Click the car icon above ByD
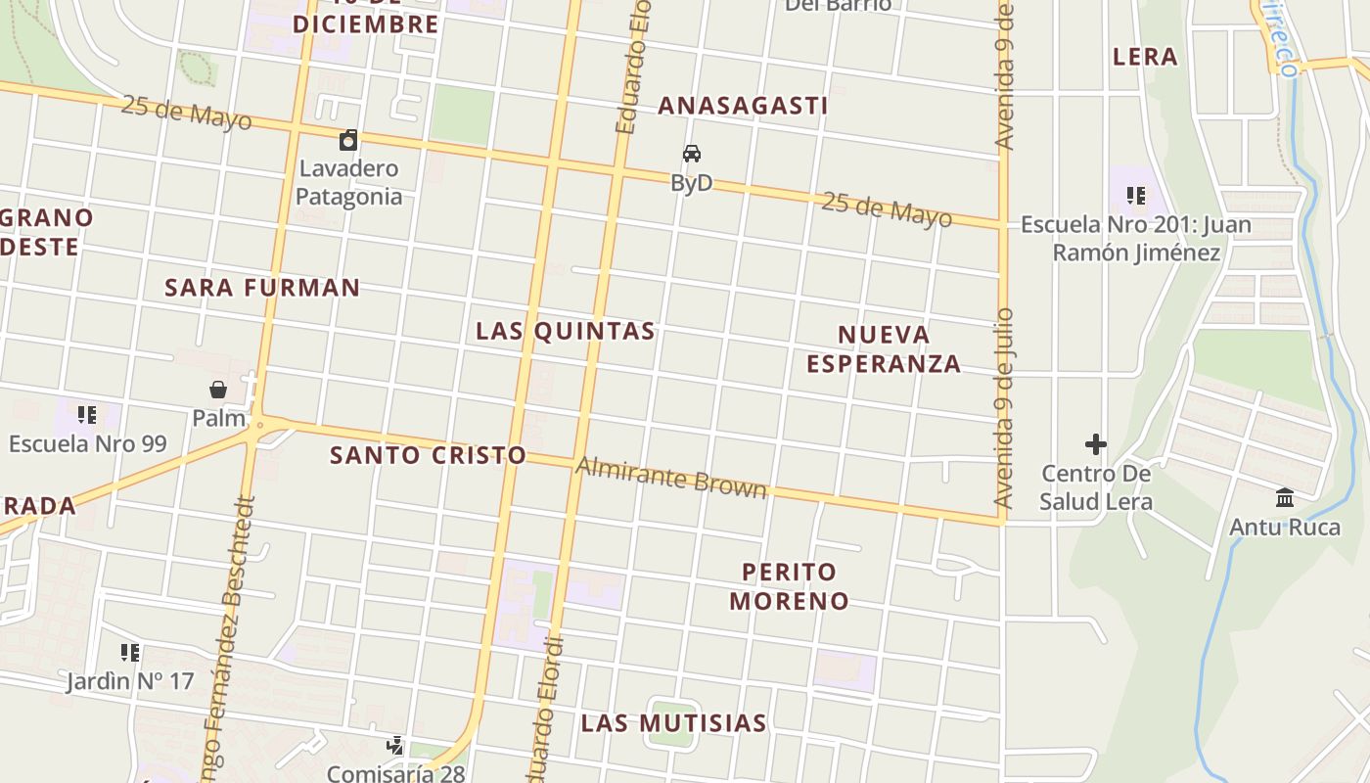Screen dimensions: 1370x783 pyautogui.click(x=692, y=154)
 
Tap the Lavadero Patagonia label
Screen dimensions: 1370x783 pyautogui.click(x=348, y=182)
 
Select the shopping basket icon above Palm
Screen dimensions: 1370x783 pyautogui.click(x=218, y=390)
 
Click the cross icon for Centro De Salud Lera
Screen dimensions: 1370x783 pyautogui.click(x=1096, y=444)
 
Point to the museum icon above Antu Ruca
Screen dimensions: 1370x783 pyautogui.click(x=1285, y=498)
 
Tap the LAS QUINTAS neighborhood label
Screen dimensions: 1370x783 pyautogui.click(x=566, y=331)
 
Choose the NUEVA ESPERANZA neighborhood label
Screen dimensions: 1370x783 pyautogui.click(x=884, y=349)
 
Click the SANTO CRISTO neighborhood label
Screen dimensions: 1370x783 pyautogui.click(x=428, y=455)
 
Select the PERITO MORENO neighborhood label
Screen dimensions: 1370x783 pyautogui.click(x=789, y=585)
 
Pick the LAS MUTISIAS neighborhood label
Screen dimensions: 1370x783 pyautogui.click(x=673, y=723)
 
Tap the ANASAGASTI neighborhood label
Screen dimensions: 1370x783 pyautogui.click(x=743, y=106)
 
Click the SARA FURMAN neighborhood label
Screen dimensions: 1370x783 pyautogui.click(x=262, y=288)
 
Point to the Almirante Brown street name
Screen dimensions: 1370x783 pyautogui.click(x=671, y=477)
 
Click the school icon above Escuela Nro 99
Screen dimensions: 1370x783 pyautogui.click(x=87, y=415)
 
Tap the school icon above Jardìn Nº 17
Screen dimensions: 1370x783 pyautogui.click(x=130, y=652)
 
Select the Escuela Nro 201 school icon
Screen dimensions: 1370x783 pyautogui.click(x=1135, y=196)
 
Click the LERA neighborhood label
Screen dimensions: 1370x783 pyautogui.click(x=1145, y=57)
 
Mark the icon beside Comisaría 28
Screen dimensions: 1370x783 pyautogui.click(x=395, y=747)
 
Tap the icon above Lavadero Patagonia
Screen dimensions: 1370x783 pyautogui.click(x=348, y=140)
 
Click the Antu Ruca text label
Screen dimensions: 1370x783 pyautogui.click(x=1284, y=528)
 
